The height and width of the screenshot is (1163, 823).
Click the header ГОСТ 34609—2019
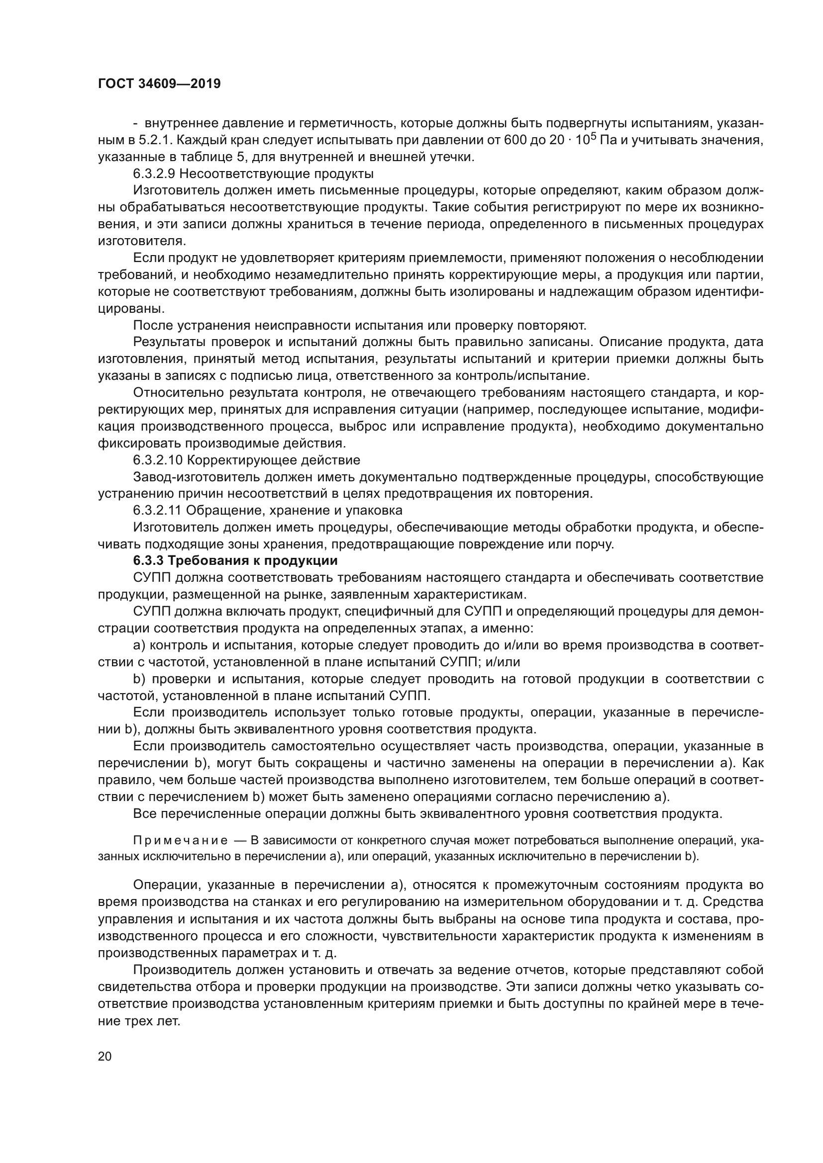159,84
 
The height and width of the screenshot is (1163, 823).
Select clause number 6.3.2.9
154,174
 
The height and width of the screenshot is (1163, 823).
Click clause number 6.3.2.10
157,460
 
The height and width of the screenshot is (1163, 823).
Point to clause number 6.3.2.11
157,510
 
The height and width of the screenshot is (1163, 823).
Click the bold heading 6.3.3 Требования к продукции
235,561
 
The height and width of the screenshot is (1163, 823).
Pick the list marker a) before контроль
139,645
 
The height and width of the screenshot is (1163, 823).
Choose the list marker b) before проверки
139,679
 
